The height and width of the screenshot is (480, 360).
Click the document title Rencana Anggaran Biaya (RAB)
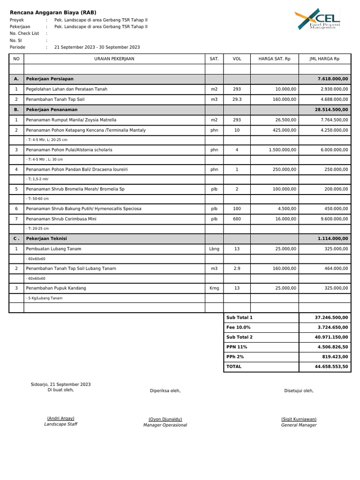coord(53,13)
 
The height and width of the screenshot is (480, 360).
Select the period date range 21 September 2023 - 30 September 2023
coord(97,47)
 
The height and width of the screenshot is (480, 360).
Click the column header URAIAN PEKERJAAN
coord(114,59)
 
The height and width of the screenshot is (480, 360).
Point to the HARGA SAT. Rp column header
coord(274,59)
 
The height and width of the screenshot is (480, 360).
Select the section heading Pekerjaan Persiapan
coord(50,79)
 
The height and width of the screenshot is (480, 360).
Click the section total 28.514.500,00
coord(332,110)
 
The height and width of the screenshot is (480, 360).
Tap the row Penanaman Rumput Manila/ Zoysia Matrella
coord(71,120)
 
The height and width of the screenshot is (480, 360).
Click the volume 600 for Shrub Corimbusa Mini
coord(237,219)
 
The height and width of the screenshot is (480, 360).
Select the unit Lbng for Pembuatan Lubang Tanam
coord(214,249)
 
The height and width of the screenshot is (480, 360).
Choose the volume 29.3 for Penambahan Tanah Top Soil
coord(237,99)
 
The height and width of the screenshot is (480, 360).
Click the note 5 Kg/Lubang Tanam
coord(44,298)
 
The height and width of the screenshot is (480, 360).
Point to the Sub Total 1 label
coord(239,318)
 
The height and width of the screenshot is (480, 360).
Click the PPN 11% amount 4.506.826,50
coord(332,347)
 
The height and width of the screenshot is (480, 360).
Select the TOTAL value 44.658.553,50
coord(332,367)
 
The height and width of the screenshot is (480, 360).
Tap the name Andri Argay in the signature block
coord(60,418)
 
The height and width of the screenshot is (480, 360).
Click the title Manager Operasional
coord(165,425)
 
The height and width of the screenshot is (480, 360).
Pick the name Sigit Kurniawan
coord(299,419)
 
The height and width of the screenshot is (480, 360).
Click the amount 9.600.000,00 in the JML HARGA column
coord(334,219)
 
